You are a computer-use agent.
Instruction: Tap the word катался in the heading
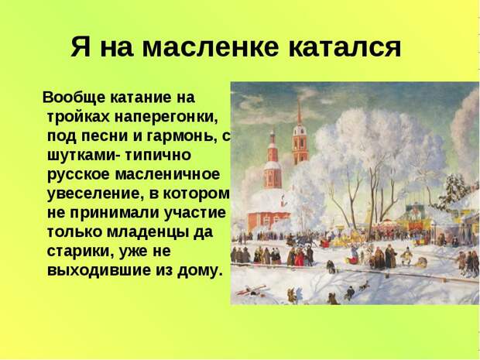[x=345, y=46]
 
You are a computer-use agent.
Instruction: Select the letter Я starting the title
[x=81, y=46]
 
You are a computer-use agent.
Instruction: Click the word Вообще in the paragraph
[x=74, y=98]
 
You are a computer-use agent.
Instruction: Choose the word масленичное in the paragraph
[x=167, y=174]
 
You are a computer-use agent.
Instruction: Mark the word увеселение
[x=96, y=194]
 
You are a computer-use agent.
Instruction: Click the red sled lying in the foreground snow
[x=250, y=290]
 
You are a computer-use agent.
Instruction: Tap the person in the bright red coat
[x=300, y=258]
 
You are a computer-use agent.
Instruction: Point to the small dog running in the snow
[x=365, y=286]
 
